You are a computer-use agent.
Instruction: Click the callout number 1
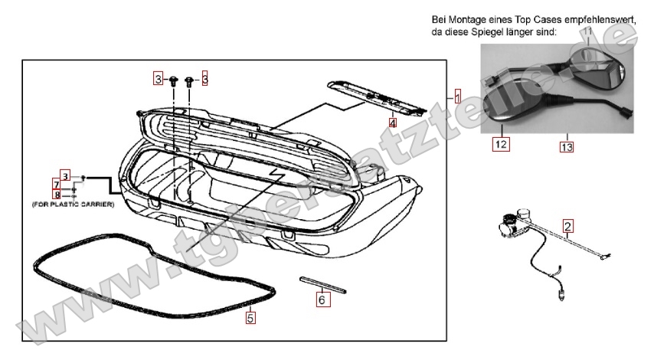coord(457,97)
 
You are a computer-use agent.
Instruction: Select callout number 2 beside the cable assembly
coord(567,226)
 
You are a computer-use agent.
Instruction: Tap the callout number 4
coord(392,122)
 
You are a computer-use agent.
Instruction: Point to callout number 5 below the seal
coord(250,313)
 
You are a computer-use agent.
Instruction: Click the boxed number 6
coord(322,300)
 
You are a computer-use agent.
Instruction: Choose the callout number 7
coord(57,184)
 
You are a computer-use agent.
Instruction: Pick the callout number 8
coord(57,195)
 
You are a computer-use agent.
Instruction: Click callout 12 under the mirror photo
coord(501,142)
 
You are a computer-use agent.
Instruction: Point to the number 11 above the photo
coord(587,32)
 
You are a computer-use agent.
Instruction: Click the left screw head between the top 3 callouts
coord(175,79)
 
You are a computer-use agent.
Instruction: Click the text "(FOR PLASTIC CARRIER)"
coord(74,205)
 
